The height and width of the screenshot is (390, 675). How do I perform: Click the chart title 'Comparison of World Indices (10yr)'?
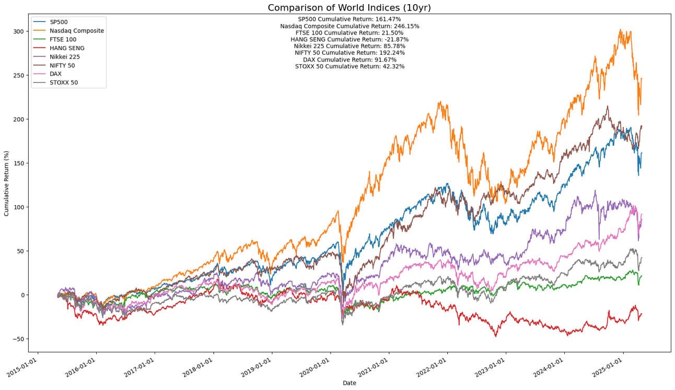[x=350, y=8]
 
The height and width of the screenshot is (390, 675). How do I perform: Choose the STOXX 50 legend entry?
[x=63, y=82]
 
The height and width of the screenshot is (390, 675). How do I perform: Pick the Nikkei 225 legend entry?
[x=64, y=56]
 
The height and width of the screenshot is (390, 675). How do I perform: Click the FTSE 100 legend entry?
[x=63, y=39]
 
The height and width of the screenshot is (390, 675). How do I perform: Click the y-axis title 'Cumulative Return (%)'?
[x=7, y=183]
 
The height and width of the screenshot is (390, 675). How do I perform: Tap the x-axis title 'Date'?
[x=350, y=383]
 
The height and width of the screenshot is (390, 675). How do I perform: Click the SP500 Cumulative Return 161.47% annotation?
[x=350, y=19]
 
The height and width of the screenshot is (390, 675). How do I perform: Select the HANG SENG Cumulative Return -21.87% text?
[x=350, y=39]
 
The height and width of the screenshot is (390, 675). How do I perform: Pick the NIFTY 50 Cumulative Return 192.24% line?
[x=350, y=53]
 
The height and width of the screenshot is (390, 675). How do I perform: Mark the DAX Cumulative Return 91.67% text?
[x=350, y=60]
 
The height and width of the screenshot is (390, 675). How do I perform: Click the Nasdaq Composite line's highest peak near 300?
[x=620, y=30]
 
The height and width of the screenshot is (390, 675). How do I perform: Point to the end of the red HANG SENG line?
[x=642, y=313]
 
